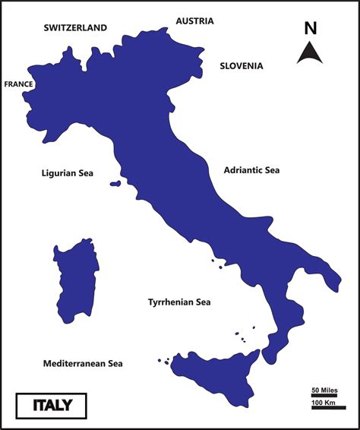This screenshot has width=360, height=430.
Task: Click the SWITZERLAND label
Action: pos(75,27)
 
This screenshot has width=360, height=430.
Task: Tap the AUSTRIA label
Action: pos(194,21)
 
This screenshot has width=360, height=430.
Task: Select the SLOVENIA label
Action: pos(242,66)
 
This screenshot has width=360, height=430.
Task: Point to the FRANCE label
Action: pos(18,84)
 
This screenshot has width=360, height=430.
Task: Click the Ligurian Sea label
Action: pos(67,173)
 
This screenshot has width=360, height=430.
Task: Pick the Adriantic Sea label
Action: pos(251,170)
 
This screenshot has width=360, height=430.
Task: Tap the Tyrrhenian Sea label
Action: pos(178,302)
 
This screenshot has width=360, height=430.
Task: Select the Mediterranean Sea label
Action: pos(83,364)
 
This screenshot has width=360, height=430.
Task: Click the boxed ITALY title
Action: pos(52,405)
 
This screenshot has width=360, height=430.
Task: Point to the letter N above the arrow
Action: pos(310,29)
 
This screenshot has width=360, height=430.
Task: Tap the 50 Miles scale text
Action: pos(324,390)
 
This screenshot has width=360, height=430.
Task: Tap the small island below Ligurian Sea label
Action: pos(115,183)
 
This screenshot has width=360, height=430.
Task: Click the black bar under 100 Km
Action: pos(328,408)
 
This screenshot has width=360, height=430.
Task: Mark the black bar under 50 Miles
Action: pos(324,396)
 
